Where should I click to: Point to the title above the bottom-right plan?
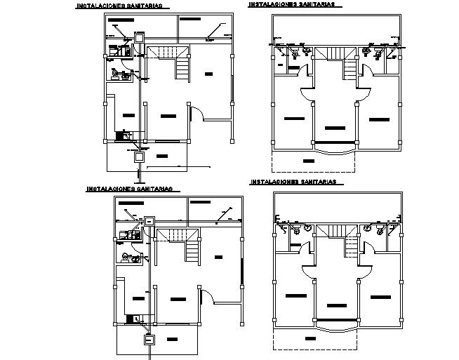(x=293, y=182)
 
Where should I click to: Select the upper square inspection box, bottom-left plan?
(x=149, y=221)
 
